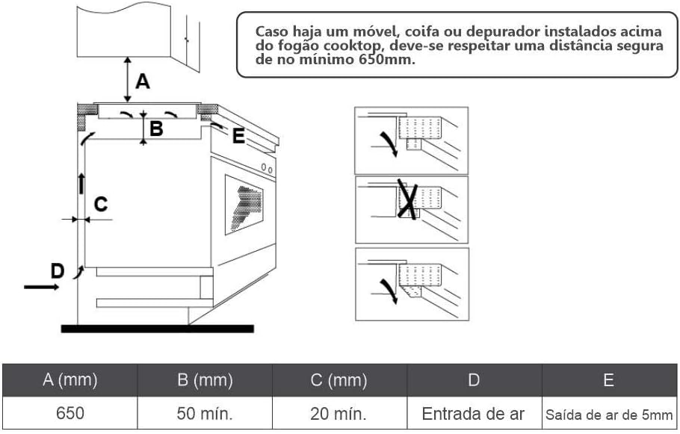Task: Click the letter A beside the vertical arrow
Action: [142, 79]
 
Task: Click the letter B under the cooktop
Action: [156, 128]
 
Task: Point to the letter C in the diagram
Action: [100, 203]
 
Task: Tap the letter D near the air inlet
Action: [57, 270]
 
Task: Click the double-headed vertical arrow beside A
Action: [128, 78]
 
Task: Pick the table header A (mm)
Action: [69, 380]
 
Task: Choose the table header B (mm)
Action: [205, 380]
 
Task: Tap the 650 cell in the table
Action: [69, 413]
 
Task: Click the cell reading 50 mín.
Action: [205, 413]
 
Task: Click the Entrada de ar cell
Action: [474, 413]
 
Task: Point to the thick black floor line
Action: [157, 328]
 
